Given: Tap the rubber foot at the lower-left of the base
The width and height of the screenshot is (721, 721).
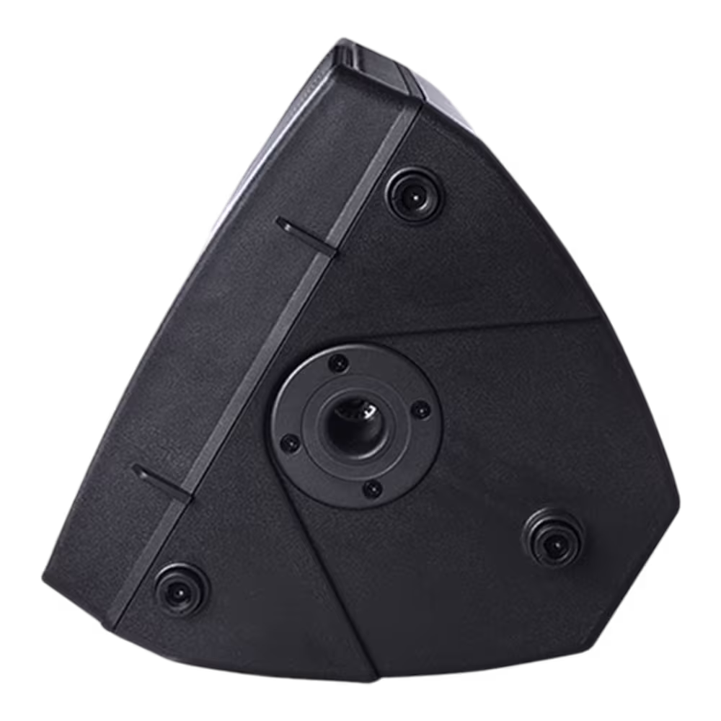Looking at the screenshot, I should pyautogui.click(x=181, y=583).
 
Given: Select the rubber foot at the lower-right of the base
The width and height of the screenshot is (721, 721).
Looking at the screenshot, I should pyautogui.click(x=552, y=536).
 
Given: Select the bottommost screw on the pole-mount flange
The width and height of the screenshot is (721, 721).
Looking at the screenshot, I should pyautogui.click(x=371, y=490).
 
